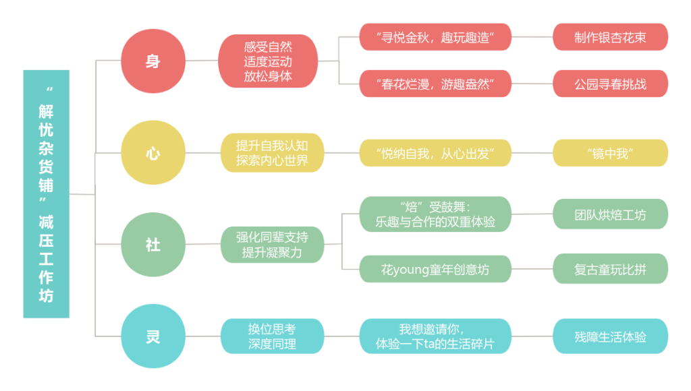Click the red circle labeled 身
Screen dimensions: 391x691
[x=153, y=61]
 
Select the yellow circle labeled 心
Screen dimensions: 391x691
[x=153, y=154]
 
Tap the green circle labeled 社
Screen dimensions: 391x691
[x=153, y=245]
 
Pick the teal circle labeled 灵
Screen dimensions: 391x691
[x=153, y=336]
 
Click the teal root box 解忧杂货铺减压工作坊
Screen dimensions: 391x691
[x=46, y=194]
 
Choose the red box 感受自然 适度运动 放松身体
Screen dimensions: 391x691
[x=268, y=61]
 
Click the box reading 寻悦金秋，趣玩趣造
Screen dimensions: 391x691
[x=435, y=37]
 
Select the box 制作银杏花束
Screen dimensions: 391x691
[x=611, y=37]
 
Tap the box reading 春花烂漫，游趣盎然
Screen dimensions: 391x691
[x=435, y=84]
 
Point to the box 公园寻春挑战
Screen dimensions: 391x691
[x=611, y=84]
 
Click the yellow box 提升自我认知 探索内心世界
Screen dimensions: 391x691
[x=272, y=153]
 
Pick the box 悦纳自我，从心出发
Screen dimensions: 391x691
[x=435, y=153]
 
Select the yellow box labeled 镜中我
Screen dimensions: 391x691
[x=611, y=153]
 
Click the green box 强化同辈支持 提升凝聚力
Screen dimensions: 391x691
[x=272, y=245]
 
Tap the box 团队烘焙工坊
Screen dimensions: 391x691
[x=611, y=214]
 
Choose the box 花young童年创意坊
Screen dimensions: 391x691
[x=435, y=269]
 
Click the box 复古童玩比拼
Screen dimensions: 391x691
[x=611, y=269]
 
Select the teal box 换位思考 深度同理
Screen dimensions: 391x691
[x=272, y=336]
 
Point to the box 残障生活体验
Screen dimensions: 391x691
[x=611, y=336]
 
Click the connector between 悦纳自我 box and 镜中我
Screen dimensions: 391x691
[x=532, y=153]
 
